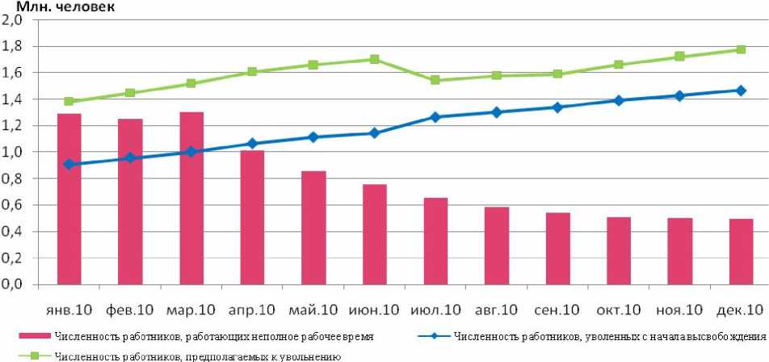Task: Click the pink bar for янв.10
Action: point(69,199)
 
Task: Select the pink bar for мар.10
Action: point(191,198)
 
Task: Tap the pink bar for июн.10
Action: point(374,234)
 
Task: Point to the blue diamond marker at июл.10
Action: point(435,117)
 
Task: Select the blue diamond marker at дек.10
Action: point(740,90)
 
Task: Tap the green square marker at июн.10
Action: point(374,59)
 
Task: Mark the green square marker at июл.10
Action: point(435,80)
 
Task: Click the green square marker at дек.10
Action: point(740,49)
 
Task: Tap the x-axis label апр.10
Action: point(251,309)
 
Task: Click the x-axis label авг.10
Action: point(496,309)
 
